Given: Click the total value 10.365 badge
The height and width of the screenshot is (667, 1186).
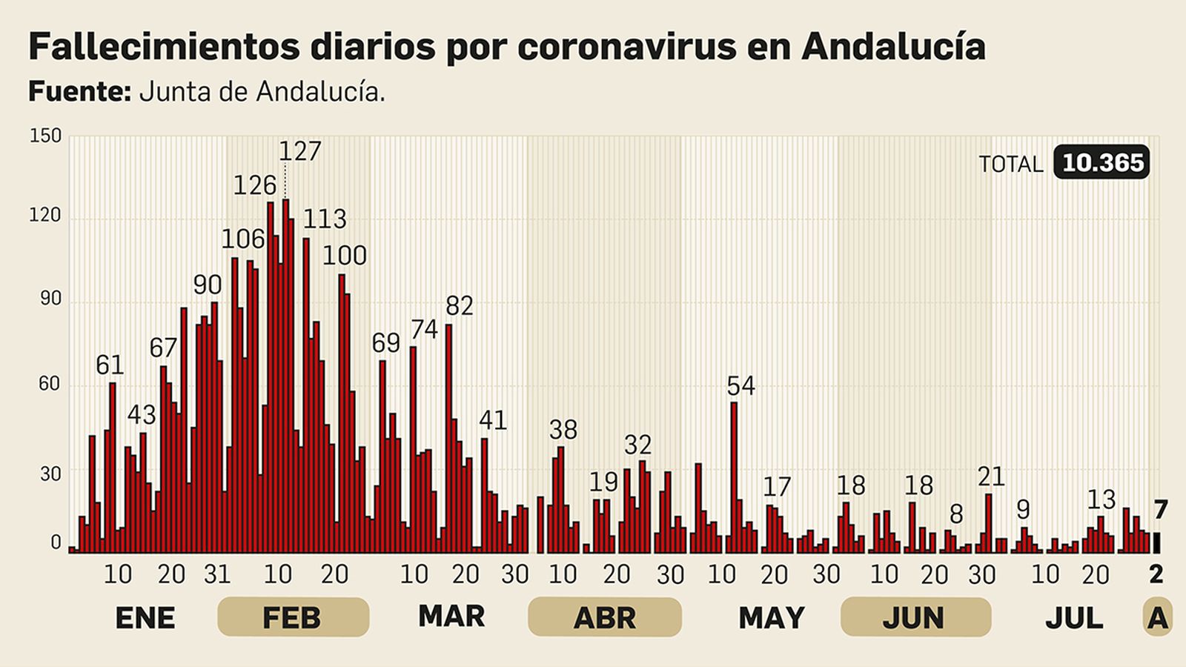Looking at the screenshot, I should click(x=1101, y=162).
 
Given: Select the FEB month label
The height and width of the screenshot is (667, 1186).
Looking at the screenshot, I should click(x=292, y=617).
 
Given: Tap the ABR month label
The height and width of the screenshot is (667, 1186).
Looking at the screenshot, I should click(x=604, y=617).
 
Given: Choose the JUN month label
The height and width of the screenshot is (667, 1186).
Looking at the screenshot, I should click(x=915, y=617).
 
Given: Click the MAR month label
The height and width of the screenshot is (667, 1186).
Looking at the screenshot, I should click(x=451, y=616).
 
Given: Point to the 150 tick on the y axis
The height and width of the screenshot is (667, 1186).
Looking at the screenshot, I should click(x=45, y=136).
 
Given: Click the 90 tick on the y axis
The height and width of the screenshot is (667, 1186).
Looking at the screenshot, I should click(x=50, y=299).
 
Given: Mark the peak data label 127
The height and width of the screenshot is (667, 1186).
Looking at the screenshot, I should click(x=299, y=151).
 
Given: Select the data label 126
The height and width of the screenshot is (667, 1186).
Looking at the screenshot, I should click(x=254, y=185).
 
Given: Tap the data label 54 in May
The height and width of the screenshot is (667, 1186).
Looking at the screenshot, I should click(x=741, y=386).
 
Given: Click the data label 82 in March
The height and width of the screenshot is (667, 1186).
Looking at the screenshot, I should click(x=459, y=305).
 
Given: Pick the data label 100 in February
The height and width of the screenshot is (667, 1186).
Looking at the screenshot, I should click(x=344, y=256).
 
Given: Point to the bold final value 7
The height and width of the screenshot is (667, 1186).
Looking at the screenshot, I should click(x=1160, y=510).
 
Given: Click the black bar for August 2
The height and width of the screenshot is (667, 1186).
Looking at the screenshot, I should click(x=1156, y=543).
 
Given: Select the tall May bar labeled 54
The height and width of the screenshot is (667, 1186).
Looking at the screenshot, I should click(x=734, y=477).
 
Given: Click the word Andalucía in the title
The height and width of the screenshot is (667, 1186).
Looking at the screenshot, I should click(x=893, y=47).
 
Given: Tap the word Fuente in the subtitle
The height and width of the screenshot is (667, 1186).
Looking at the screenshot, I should click(x=79, y=92).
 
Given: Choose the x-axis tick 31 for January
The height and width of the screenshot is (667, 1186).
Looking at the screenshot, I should click(x=216, y=574).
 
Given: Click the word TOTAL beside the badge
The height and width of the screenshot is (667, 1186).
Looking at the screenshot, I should click(x=1010, y=164).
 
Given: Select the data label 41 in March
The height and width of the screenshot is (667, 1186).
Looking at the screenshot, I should click(x=493, y=420).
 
